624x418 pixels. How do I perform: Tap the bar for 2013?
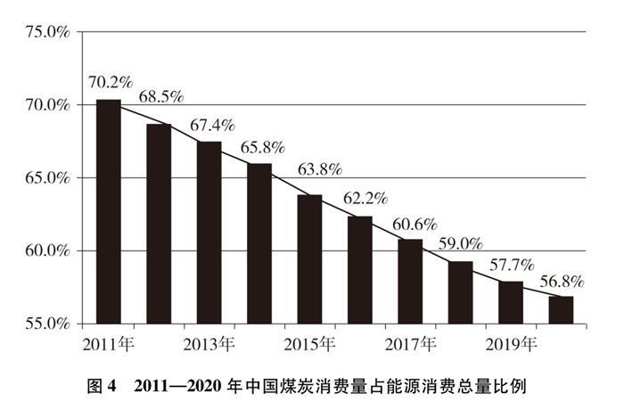tap(209, 233)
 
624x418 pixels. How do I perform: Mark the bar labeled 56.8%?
tap(561, 309)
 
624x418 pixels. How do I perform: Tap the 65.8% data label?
tap(257, 148)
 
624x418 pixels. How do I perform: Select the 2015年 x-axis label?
tap(309, 343)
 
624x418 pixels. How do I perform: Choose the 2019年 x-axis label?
tap(511, 343)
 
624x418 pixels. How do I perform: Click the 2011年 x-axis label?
tap(108, 343)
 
